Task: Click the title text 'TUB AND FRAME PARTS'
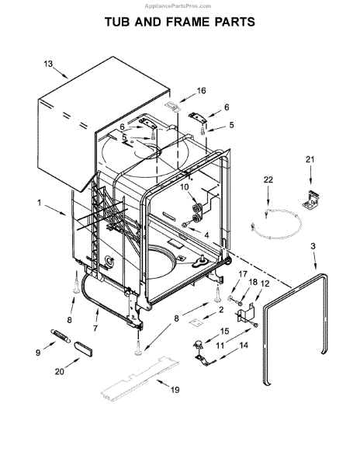[x=180, y=23]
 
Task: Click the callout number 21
[x=311, y=160]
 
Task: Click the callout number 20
[x=59, y=371]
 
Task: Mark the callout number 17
[x=241, y=273]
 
